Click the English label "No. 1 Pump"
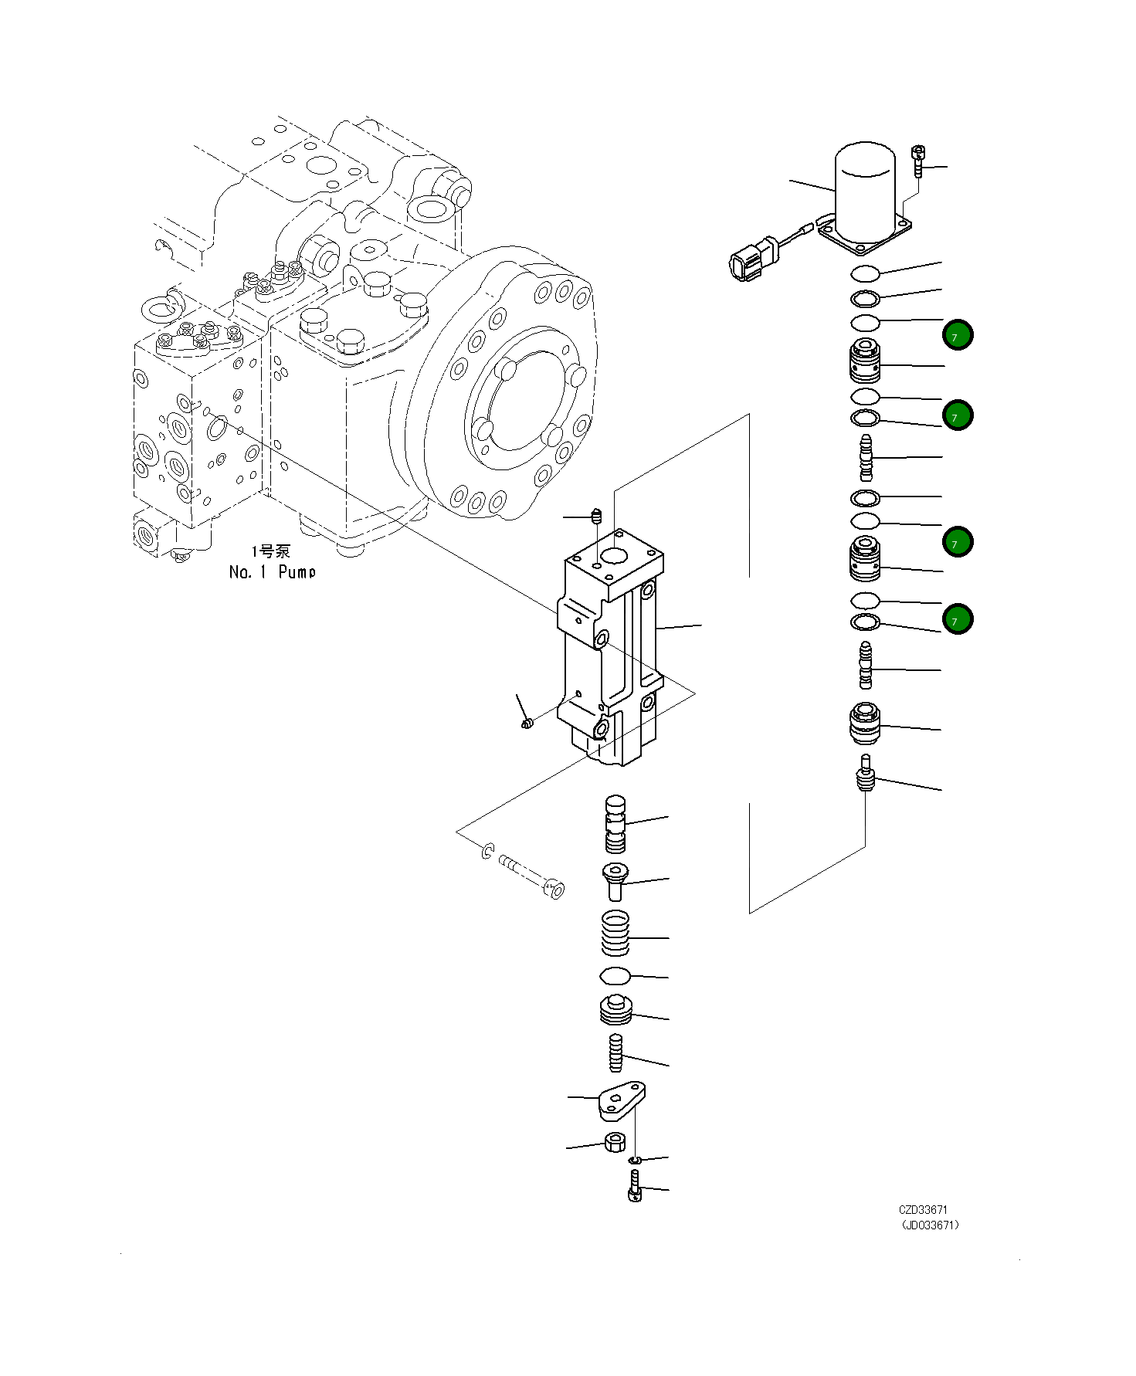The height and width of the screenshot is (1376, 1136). point(273,572)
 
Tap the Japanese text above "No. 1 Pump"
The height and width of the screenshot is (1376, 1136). point(271,551)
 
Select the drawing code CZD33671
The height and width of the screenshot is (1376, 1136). point(923,1210)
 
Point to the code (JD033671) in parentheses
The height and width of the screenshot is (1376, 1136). point(931,1225)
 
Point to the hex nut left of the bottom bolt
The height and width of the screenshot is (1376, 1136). point(615,1141)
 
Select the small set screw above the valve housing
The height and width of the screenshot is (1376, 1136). point(596,515)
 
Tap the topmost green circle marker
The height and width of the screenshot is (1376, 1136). point(958,335)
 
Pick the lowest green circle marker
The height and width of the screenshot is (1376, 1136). point(958,619)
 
